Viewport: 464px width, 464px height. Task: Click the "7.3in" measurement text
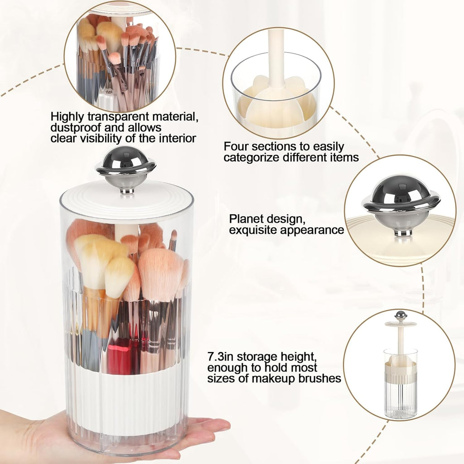[221, 356]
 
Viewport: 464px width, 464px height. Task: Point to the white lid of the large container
[126, 204]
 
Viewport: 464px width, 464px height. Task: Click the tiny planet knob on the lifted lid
[400, 315]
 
